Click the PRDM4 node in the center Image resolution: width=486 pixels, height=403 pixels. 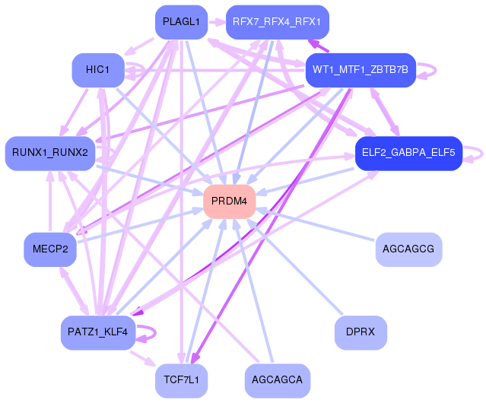(x=229, y=201)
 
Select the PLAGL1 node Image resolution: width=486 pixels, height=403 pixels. (x=181, y=23)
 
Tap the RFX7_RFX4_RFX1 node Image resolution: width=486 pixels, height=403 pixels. (x=278, y=23)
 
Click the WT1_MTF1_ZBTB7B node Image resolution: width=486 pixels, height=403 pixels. (x=361, y=70)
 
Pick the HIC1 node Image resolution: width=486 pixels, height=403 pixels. (x=98, y=70)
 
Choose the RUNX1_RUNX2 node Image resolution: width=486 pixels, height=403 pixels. (x=50, y=153)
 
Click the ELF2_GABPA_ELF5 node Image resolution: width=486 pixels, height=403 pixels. (x=408, y=153)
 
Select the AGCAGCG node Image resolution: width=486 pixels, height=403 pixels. (x=408, y=249)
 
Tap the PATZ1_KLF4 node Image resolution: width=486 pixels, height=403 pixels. (x=98, y=332)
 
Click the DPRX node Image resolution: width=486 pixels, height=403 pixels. (x=361, y=332)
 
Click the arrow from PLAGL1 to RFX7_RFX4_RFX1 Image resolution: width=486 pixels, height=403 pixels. (x=216, y=23)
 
